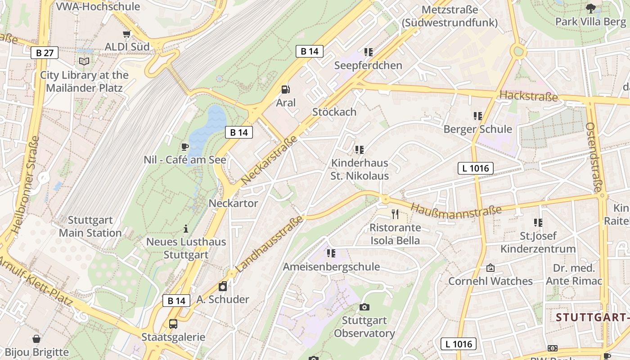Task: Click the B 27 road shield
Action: (x=45, y=53)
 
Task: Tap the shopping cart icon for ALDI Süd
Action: (x=127, y=34)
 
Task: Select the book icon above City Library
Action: (x=84, y=62)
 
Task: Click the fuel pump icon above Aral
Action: (x=285, y=90)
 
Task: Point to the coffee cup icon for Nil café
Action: (x=184, y=147)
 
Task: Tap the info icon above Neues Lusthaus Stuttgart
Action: (x=186, y=229)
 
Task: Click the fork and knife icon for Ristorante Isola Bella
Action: (x=395, y=214)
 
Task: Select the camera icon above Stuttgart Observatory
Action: (x=364, y=307)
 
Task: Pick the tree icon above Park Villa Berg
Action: (x=590, y=8)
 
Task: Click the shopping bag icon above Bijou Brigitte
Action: (x=36, y=339)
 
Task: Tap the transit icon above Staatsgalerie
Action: (x=173, y=324)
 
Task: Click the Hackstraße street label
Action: (x=528, y=96)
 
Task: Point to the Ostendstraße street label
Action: (x=594, y=157)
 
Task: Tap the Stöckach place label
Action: (x=334, y=112)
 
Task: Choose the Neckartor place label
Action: (x=233, y=203)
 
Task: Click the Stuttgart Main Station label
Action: (x=90, y=226)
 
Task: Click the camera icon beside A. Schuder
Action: (x=223, y=286)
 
